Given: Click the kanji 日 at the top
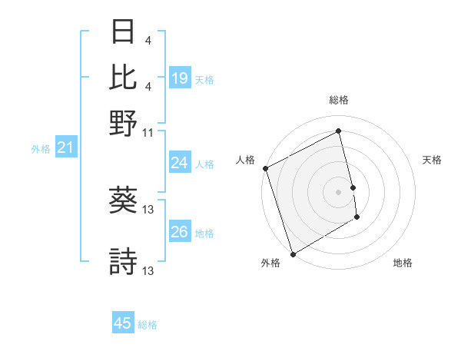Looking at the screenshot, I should tap(124, 32).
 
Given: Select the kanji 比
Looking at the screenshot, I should tap(124, 77).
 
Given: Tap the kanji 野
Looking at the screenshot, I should tap(124, 122).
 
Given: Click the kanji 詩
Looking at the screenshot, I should tap(124, 261).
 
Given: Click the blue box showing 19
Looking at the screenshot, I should tap(179, 78).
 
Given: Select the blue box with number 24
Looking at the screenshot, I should tap(179, 163).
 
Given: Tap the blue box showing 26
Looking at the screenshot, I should tap(179, 232).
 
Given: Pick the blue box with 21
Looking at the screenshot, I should tap(65, 148).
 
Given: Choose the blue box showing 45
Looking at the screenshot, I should tap(123, 324).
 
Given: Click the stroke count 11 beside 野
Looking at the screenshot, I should tap(148, 132).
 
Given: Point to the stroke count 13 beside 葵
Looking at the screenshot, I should tap(149, 210).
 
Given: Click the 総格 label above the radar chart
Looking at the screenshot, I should tap(338, 100).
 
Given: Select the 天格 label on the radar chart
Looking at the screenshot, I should tap(432, 160).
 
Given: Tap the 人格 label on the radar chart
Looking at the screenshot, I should tap(245, 160).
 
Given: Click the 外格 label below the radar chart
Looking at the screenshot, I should tap(270, 263).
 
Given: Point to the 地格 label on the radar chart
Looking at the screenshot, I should tap(403, 263).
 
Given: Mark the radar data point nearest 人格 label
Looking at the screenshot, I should tap(265, 168).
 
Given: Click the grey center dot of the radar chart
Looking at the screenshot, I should tap(338, 192).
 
